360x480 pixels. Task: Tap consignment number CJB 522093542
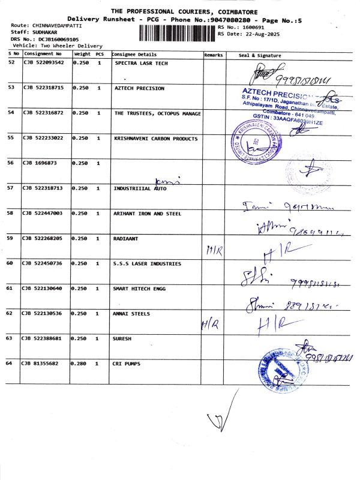coord(43,63)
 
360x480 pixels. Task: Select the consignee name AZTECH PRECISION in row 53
coord(139,88)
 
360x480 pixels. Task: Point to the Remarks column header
coord(214,55)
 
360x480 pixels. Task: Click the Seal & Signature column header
coord(260,55)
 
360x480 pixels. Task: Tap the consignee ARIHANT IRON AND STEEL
coord(147,214)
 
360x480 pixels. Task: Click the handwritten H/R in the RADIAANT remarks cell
coord(214,250)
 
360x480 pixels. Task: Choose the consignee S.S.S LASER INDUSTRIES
coord(146,263)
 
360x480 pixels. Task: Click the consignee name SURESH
coord(122,338)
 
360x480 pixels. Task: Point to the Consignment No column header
coord(43,55)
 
